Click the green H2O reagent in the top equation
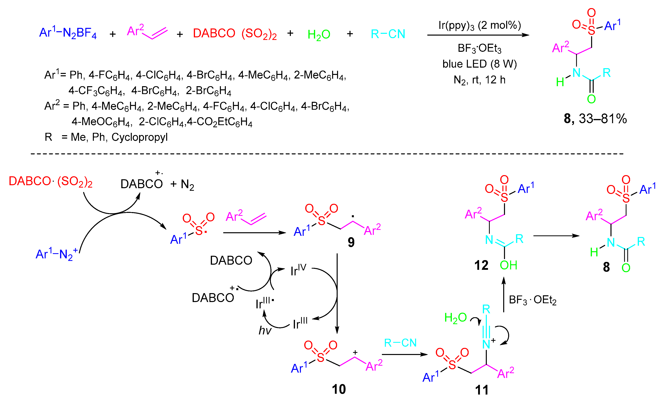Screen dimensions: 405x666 [x=319, y=35]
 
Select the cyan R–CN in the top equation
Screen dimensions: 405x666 [x=388, y=34]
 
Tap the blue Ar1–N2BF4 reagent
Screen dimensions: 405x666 [x=68, y=33]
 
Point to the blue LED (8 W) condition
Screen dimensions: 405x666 [x=479, y=64]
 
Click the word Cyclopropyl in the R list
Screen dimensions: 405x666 [x=139, y=137]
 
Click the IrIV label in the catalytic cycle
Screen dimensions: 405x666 [x=298, y=270]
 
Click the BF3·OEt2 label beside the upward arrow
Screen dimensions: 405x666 [x=532, y=300]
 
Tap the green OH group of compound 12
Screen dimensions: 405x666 [x=508, y=265]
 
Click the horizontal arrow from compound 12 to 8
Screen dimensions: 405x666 [x=556, y=236]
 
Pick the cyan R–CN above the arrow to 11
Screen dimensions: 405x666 [x=400, y=343]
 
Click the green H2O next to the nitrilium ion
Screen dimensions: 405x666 [x=455, y=318]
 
